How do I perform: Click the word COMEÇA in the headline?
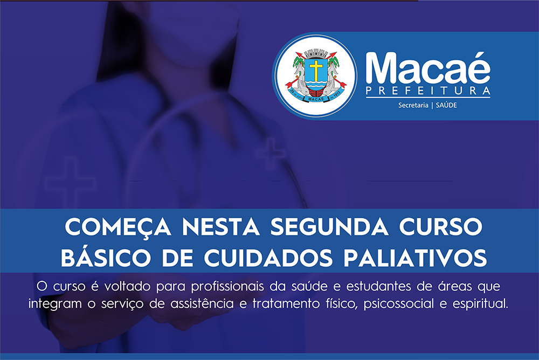coord(118,227)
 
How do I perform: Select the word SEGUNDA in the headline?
coord(330,226)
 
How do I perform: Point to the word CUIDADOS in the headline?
coord(268,258)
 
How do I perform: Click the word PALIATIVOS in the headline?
coord(415,258)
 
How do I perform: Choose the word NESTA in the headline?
coord(220,227)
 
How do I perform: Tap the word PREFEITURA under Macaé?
coord(428,91)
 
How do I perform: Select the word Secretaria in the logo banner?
coord(413,105)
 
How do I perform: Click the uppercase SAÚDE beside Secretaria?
coord(446,105)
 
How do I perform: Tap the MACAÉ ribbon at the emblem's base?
coord(316,99)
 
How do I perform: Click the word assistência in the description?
coord(202,304)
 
